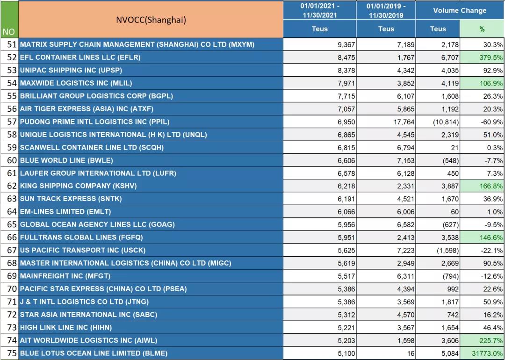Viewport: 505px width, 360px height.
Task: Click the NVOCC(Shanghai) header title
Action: tap(151, 19)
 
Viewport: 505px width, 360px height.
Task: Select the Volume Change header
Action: tap(460, 10)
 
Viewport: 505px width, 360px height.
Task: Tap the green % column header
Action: tap(482, 29)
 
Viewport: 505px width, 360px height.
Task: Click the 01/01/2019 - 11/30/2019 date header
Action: tap(386, 10)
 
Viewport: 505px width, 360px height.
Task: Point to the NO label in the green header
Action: tap(8, 32)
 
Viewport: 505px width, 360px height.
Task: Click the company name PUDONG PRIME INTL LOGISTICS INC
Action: tap(94, 122)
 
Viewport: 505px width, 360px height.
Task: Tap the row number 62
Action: tap(12, 186)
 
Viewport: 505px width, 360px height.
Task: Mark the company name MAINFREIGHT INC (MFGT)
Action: tap(65, 276)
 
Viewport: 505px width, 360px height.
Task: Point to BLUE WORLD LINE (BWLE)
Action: tap(66, 160)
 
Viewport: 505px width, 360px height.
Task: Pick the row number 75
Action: tap(12, 353)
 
